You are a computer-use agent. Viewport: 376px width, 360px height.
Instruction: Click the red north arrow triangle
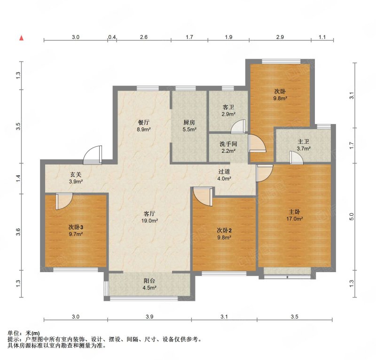click(x=22, y=38)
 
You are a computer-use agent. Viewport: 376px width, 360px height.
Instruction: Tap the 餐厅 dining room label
click(x=144, y=122)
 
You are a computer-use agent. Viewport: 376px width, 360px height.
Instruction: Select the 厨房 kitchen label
click(x=189, y=122)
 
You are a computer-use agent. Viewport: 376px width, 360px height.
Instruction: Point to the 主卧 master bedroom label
click(x=295, y=212)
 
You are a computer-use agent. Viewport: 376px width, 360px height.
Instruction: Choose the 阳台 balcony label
click(x=149, y=281)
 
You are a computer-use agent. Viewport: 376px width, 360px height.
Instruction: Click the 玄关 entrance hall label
click(x=76, y=175)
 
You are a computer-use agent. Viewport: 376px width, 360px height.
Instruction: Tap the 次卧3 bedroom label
click(x=76, y=227)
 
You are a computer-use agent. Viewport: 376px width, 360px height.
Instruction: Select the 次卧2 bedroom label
click(x=224, y=230)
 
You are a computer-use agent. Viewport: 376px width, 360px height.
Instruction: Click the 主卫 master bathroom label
click(x=303, y=141)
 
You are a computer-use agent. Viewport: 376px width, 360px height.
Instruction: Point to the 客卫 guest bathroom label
click(x=228, y=107)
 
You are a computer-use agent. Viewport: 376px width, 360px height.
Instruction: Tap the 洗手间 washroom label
click(x=228, y=144)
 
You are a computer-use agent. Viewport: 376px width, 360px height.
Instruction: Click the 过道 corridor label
click(x=224, y=172)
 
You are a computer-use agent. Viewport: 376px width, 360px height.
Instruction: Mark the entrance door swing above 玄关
click(x=93, y=155)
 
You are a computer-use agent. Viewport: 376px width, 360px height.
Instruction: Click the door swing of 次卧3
click(x=64, y=201)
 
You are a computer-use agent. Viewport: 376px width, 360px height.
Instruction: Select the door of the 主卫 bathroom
click(x=297, y=157)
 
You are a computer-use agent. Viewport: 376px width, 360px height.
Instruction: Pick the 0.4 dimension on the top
click(x=112, y=37)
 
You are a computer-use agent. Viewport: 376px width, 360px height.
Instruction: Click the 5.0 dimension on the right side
click(x=352, y=217)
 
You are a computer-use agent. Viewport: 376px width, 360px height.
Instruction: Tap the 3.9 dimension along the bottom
click(x=149, y=317)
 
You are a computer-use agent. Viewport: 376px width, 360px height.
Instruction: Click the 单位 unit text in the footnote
click(x=14, y=333)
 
